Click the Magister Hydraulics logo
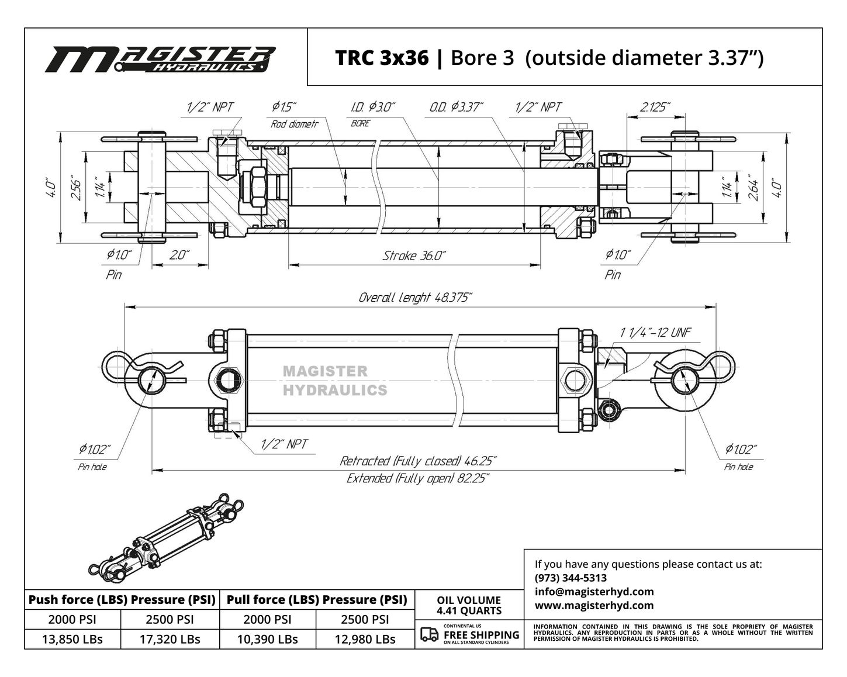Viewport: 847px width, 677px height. pos(160,60)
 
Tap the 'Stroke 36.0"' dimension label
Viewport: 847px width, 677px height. pos(414,256)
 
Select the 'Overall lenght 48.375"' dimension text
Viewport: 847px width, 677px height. pos(415,298)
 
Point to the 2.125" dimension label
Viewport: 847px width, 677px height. pos(655,107)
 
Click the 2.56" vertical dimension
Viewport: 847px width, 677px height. pos(78,190)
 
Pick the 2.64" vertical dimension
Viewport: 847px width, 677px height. pos(754,188)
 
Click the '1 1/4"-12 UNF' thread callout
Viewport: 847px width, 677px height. pos(655,333)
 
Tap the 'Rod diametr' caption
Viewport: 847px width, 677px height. pos(294,125)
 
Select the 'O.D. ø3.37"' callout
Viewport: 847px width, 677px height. pos(456,107)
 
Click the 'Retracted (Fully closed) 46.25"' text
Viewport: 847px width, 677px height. pos(418,461)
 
